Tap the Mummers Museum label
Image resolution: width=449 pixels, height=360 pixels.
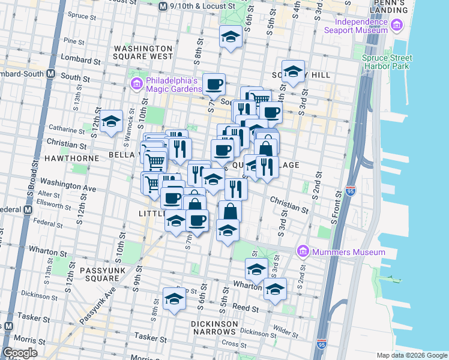point(349,252)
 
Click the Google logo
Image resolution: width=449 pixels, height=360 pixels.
point(20,353)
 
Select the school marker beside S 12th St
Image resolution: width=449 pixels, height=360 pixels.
point(111,122)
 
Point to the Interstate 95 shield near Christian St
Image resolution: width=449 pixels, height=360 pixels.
point(351,191)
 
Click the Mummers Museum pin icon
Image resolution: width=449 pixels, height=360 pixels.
point(303,251)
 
